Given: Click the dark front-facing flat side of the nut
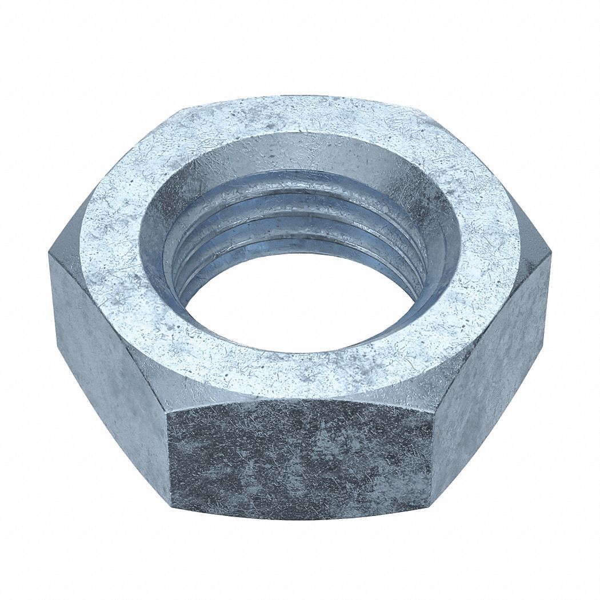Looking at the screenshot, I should click(300, 457).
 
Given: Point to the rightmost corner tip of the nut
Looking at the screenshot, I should click(551, 254).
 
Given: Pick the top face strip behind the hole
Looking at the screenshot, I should click(297, 117).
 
